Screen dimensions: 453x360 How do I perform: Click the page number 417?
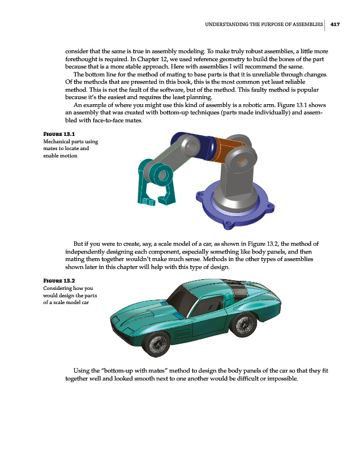tap(335, 24)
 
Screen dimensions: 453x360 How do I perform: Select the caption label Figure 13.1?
tap(59, 134)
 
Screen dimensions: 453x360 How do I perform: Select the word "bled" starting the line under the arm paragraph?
tap(72, 121)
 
